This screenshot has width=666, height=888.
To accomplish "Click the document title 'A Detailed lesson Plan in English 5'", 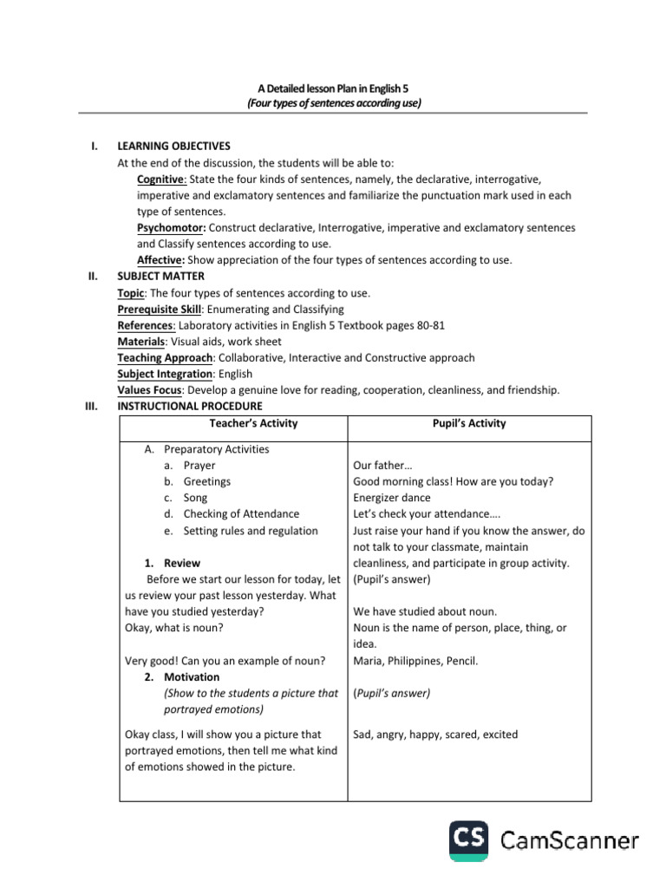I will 333,88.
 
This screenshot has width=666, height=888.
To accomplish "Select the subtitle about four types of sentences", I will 333,102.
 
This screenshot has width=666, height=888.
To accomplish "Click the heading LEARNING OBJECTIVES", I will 173,146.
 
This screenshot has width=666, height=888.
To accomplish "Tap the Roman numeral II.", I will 93,276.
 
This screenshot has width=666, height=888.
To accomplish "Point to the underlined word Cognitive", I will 160,180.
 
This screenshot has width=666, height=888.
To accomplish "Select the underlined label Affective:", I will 160,260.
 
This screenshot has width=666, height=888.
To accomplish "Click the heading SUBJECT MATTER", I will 160,276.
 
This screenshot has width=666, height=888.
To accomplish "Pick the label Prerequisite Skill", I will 165,309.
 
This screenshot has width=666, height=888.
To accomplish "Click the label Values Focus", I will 149,390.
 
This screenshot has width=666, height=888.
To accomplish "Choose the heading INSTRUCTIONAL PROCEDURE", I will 189,406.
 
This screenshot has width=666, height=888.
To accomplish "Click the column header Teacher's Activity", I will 253,423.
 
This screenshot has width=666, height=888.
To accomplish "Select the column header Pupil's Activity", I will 470,423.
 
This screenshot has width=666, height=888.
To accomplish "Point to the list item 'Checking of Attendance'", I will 241,514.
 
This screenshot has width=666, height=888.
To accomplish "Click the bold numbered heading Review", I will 181,563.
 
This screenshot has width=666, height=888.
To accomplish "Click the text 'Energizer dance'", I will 393,498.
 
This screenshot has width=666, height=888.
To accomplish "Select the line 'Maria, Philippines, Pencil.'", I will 415,660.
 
